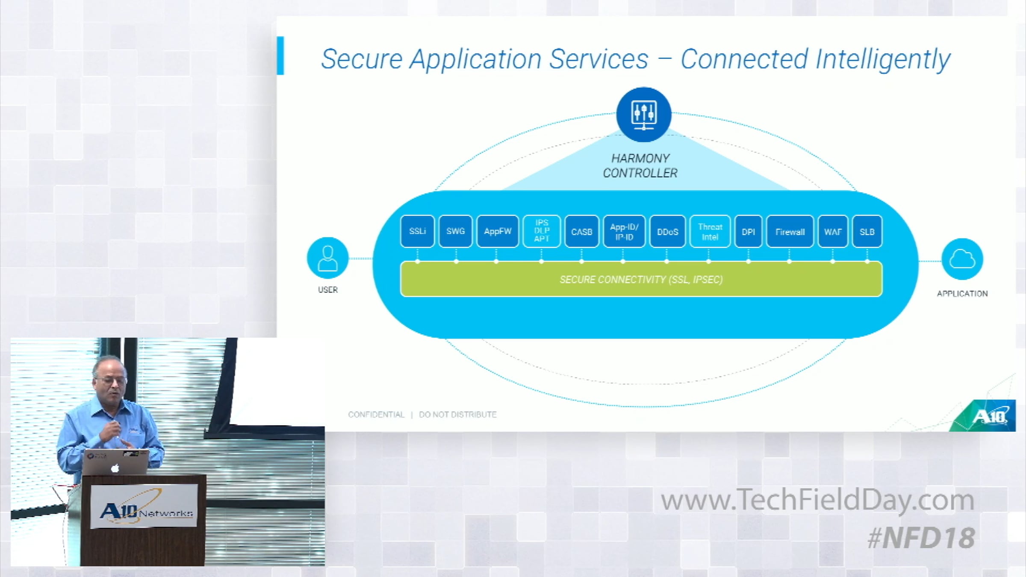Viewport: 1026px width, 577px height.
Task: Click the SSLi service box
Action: coord(417,231)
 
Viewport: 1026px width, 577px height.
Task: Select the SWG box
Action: coord(455,231)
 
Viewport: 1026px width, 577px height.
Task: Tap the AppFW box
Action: coord(498,231)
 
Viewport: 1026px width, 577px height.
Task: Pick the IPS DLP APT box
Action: coord(542,231)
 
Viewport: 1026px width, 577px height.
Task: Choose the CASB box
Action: coord(581,232)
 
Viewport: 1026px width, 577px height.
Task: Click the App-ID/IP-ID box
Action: coord(624,232)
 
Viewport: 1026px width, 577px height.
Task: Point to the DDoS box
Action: coord(667,232)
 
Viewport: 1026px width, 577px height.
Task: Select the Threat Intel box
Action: coord(710,232)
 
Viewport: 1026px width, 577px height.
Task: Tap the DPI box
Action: coord(748,232)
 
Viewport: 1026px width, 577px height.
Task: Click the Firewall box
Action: coord(790,232)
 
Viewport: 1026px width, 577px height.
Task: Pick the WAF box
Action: coord(833,232)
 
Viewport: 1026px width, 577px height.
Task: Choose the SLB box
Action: coord(867,232)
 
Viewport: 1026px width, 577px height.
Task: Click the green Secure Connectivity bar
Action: coord(641,279)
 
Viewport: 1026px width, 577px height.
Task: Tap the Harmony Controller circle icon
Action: coord(644,115)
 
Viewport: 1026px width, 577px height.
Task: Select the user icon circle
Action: coord(328,258)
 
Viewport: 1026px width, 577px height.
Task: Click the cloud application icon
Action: coord(962,259)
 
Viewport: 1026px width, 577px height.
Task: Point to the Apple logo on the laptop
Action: coord(115,468)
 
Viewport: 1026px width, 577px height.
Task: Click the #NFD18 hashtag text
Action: coord(921,538)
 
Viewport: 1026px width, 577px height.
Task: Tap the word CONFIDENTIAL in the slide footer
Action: coord(376,415)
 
